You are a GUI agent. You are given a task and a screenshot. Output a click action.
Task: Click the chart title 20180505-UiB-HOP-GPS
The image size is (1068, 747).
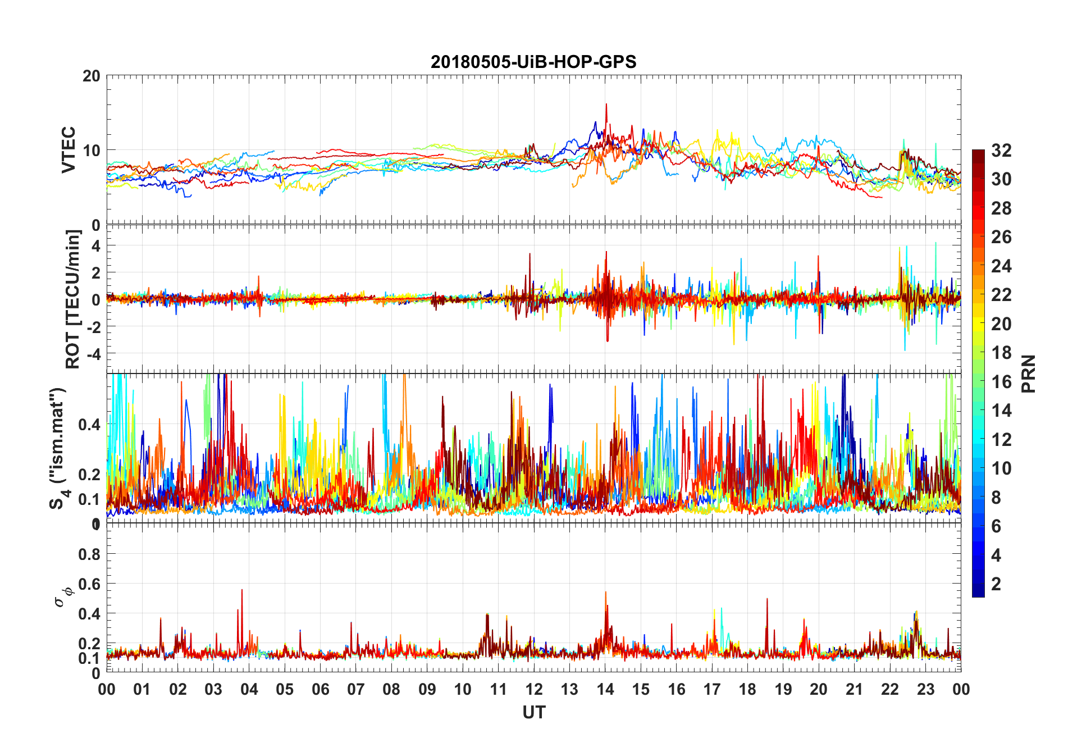[x=533, y=62]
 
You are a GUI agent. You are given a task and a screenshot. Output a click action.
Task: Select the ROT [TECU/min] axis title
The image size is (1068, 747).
[x=73, y=299]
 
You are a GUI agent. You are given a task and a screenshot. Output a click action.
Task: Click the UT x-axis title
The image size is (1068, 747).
[x=533, y=713]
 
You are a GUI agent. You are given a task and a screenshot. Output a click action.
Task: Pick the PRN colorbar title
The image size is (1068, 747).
[x=1029, y=373]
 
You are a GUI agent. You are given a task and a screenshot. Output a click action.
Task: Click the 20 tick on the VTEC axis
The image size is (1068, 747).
[x=92, y=76]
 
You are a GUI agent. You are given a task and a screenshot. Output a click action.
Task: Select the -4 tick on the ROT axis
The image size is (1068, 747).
[x=94, y=354]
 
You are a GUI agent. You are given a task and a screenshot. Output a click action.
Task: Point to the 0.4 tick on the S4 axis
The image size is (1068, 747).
[x=89, y=425]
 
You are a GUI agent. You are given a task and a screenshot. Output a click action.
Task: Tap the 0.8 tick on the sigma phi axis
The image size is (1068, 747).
[x=89, y=554]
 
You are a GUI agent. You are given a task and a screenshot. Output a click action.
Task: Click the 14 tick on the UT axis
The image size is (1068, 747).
[x=605, y=690]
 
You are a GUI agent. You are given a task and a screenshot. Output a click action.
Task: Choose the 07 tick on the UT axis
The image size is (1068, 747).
[x=356, y=690]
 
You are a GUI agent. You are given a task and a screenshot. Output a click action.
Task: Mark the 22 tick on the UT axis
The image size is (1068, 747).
[x=890, y=690]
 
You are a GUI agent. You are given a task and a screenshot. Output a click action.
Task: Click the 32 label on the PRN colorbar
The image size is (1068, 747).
[x=1001, y=151]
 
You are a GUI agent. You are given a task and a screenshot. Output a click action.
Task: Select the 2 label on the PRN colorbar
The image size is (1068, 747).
[x=996, y=584]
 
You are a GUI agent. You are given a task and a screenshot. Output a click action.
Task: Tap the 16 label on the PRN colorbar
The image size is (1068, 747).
[x=1001, y=382]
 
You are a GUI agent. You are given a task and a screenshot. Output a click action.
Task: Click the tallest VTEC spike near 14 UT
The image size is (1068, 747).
[x=606, y=104]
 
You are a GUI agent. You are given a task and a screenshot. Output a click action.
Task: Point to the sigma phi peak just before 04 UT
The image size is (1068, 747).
[x=242, y=590]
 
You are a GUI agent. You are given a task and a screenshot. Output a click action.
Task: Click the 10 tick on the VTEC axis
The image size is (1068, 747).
[x=92, y=151]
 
